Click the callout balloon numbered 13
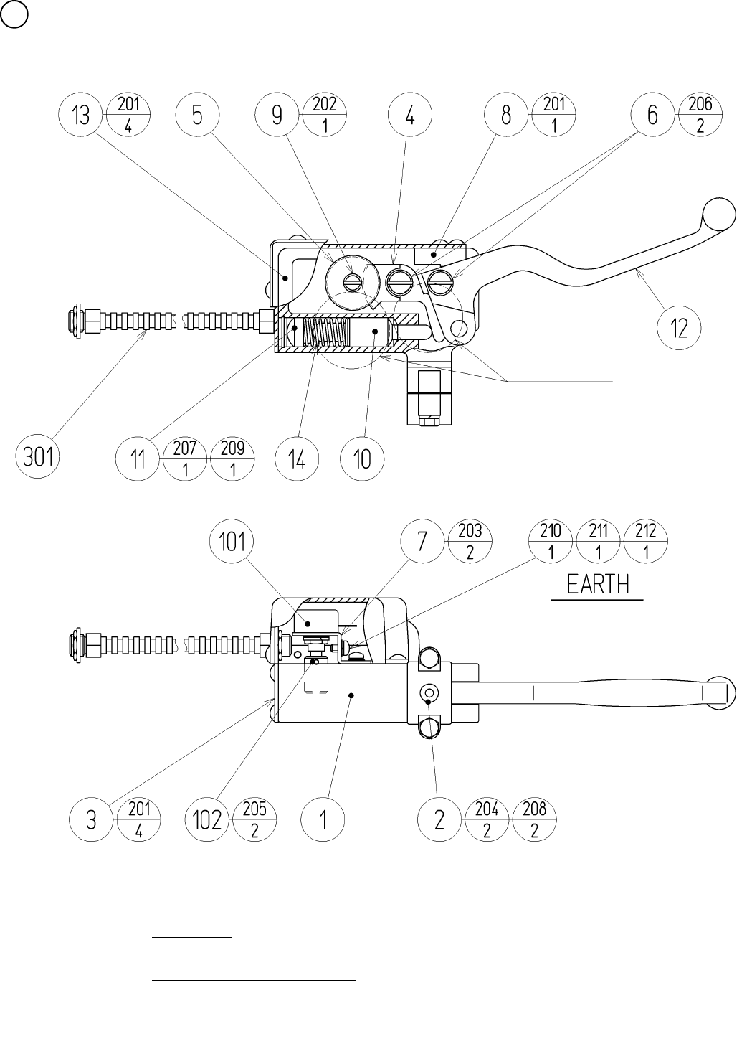(x=82, y=115)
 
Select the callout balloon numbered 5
(x=197, y=115)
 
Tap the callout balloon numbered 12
(x=678, y=329)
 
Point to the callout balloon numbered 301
(x=39, y=456)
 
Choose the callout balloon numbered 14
(x=297, y=458)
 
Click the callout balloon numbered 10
(x=363, y=458)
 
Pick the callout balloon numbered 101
(x=232, y=542)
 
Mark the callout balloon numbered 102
(x=207, y=819)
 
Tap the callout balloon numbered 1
(x=323, y=819)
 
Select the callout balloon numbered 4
(x=409, y=115)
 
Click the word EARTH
(x=597, y=584)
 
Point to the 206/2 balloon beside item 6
(x=700, y=115)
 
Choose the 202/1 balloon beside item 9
(x=325, y=115)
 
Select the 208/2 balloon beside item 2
(x=534, y=819)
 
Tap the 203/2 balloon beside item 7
(x=470, y=542)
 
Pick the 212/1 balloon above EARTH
(x=646, y=542)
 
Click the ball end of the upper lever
(x=719, y=213)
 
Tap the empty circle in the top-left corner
(x=14, y=14)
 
